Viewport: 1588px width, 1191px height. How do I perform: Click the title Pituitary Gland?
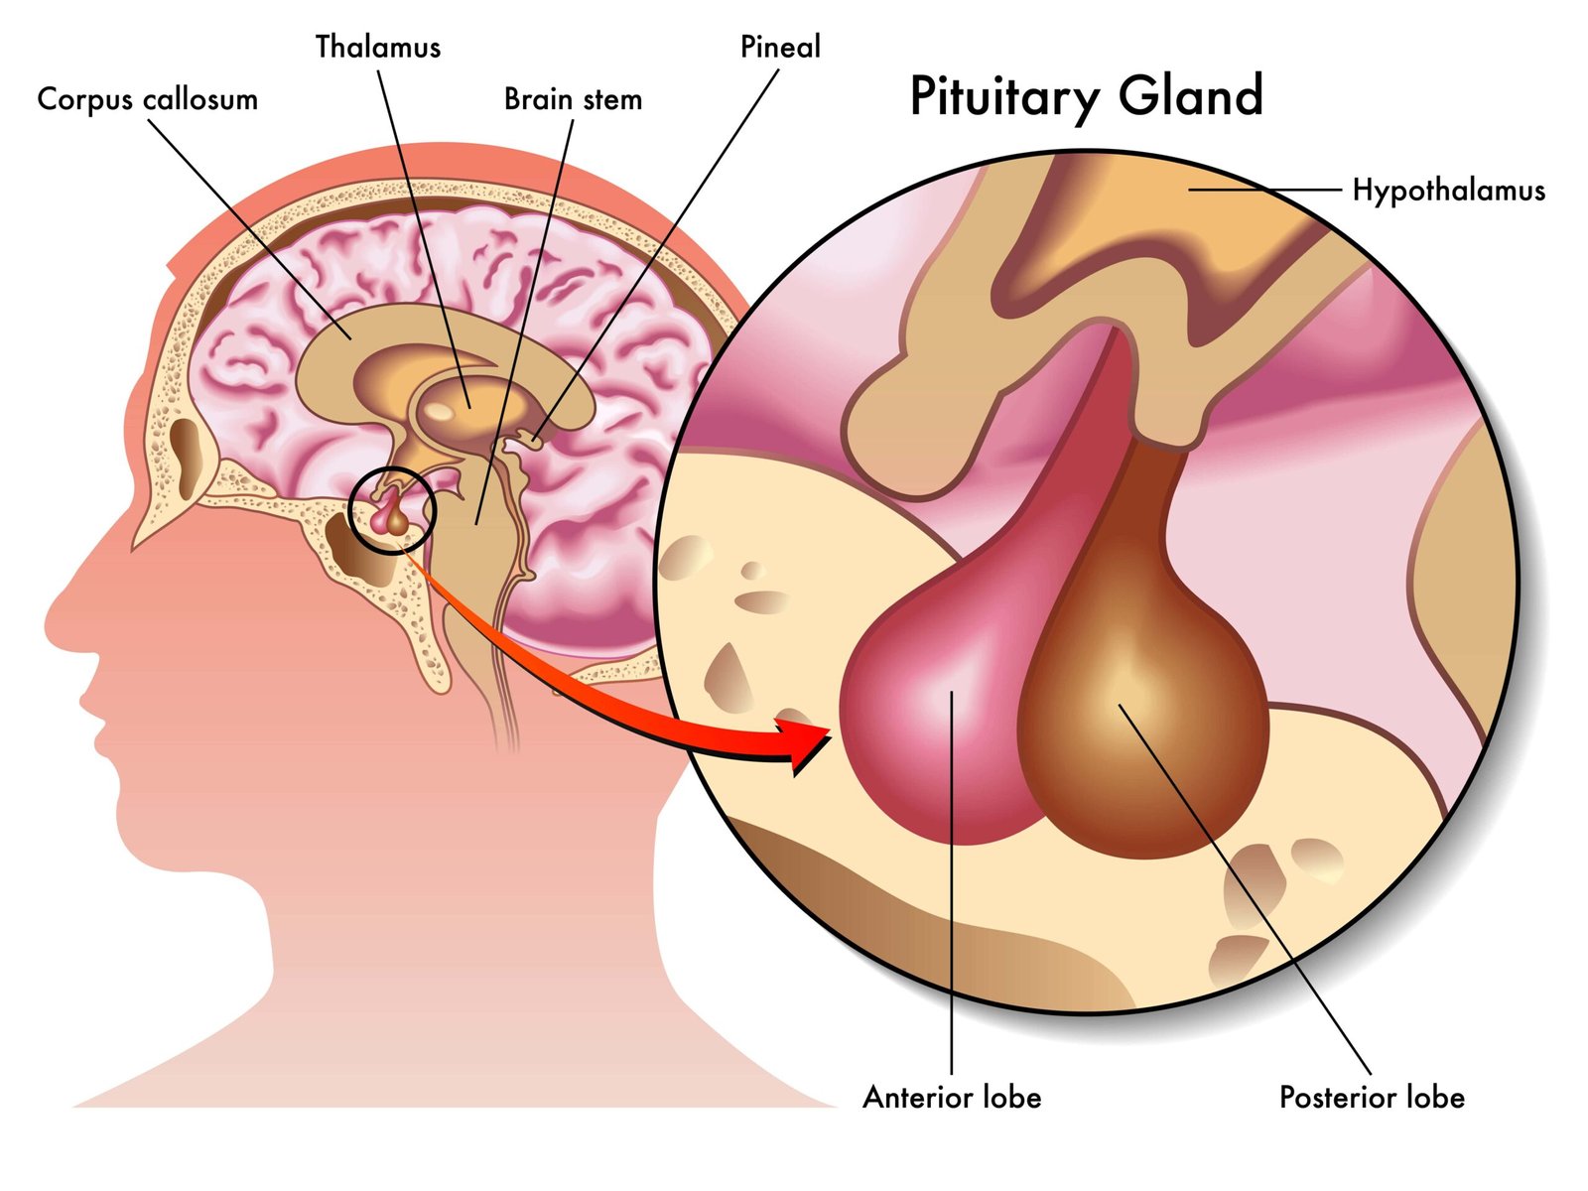(x=1086, y=97)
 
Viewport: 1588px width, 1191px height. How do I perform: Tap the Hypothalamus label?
(x=1448, y=190)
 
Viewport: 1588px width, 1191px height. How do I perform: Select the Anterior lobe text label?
(x=952, y=1097)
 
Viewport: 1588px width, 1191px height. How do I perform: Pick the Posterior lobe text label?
(x=1372, y=1097)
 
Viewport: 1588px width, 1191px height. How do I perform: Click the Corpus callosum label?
(x=147, y=99)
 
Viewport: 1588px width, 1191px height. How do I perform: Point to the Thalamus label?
(x=377, y=47)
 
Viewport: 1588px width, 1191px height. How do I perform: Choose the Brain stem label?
(x=573, y=99)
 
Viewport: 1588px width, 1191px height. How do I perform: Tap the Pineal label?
(x=780, y=47)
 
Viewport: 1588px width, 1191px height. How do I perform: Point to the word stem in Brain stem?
(x=611, y=99)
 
